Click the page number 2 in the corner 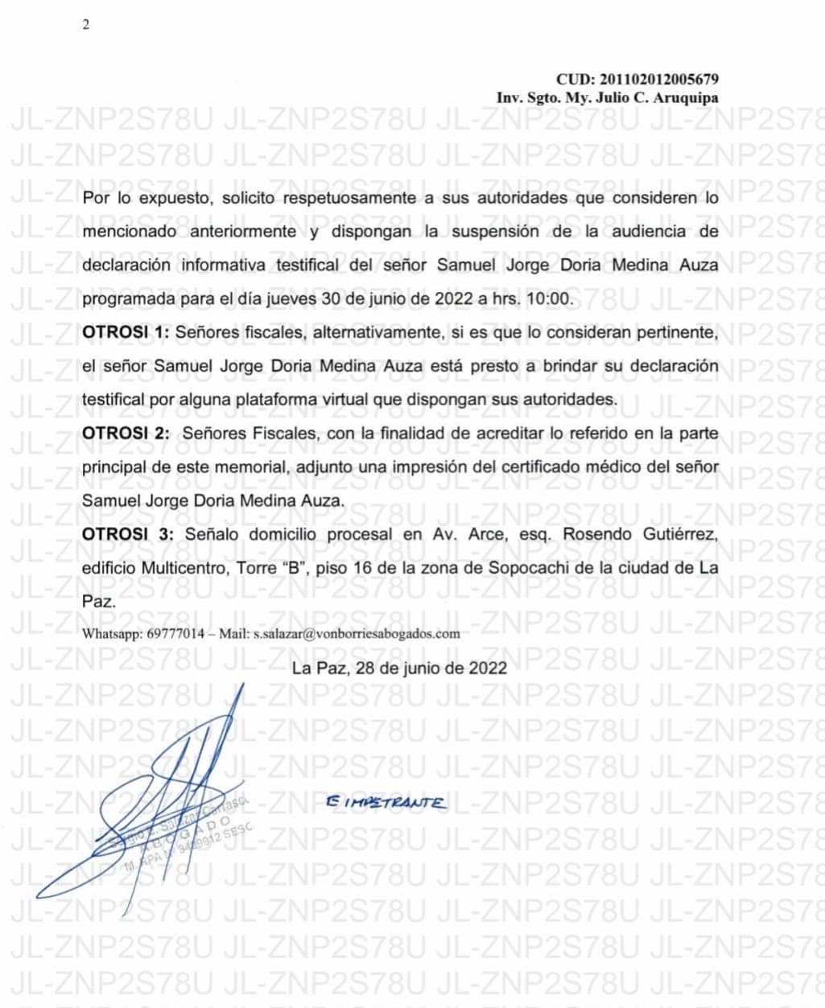(86, 25)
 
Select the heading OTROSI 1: (126, 332)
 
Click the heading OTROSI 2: (126, 433)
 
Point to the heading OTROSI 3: (127, 534)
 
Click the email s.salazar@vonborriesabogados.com (357, 633)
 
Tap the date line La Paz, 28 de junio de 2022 (399, 668)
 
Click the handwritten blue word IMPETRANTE (386, 802)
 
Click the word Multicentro (184, 568)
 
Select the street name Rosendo (594, 534)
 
